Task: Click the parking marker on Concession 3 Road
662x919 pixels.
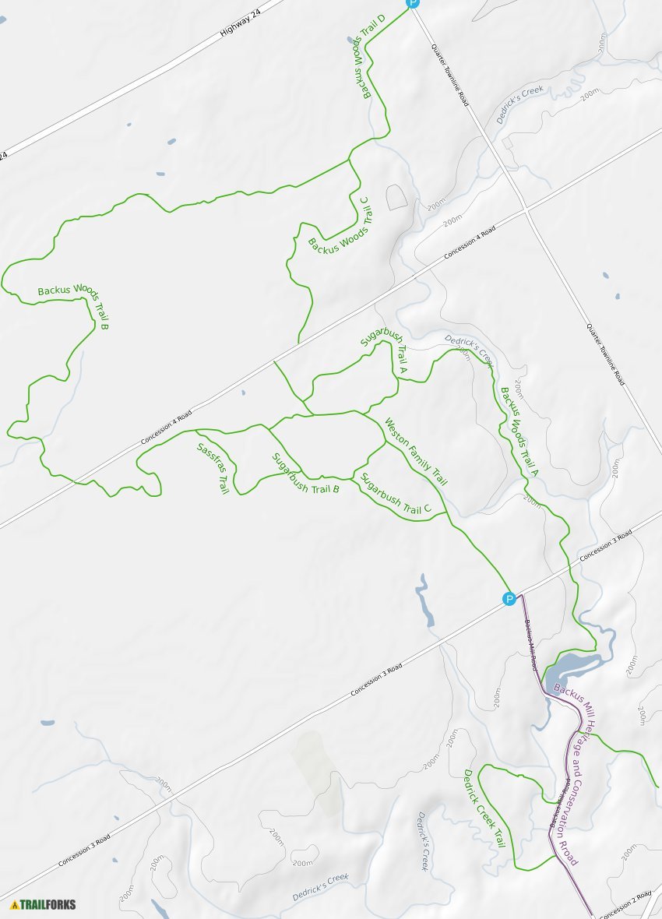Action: [509, 599]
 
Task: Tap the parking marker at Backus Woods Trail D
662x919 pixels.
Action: [413, 3]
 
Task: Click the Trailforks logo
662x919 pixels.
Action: [44, 904]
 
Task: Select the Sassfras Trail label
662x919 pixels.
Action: [213, 468]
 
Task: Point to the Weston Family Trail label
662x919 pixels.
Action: [415, 452]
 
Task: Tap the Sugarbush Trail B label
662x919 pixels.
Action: [305, 474]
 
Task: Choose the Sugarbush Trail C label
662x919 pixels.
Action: [396, 494]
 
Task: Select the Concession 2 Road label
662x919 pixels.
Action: [627, 904]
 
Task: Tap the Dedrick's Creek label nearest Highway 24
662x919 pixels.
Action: [519, 105]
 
